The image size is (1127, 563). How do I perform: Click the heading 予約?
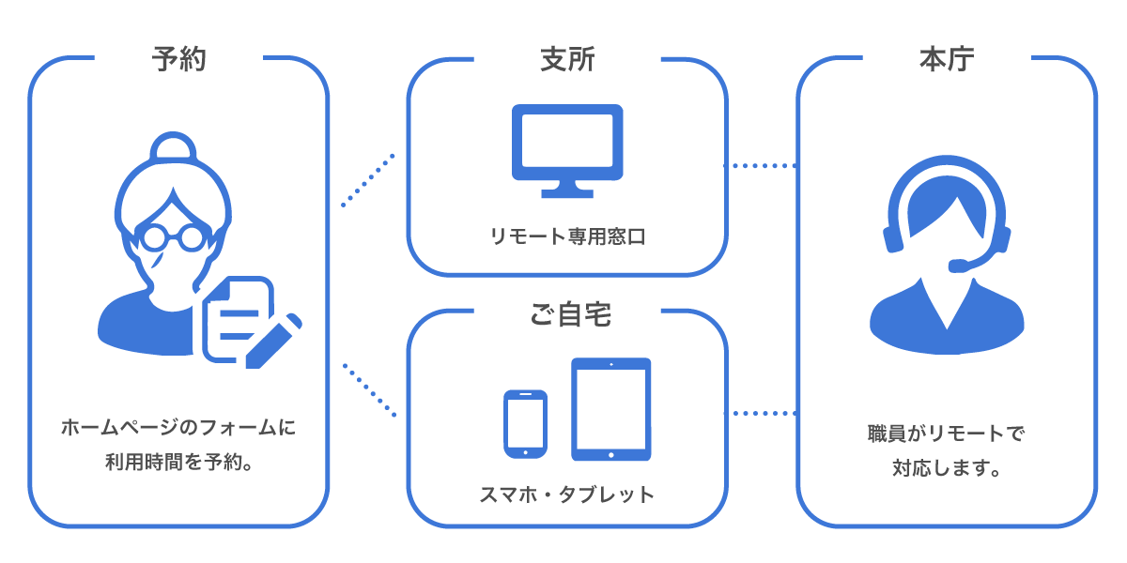click(178, 60)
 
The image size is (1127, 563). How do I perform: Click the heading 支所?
click(567, 60)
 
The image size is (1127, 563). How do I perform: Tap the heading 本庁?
click(946, 60)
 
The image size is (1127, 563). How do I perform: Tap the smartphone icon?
click(525, 423)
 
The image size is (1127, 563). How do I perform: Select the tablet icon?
click(610, 409)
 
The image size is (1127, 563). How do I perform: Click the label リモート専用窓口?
click(567, 236)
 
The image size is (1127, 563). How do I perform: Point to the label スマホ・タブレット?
click(567, 494)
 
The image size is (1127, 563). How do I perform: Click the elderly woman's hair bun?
click(173, 148)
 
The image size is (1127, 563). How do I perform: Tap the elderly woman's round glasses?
click(173, 235)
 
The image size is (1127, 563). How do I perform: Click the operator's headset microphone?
click(960, 266)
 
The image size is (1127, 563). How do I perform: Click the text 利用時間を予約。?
click(178, 462)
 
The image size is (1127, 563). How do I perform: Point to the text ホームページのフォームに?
click(178, 429)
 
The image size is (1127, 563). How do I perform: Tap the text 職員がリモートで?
click(946, 434)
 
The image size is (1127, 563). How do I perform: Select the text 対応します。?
click(946, 466)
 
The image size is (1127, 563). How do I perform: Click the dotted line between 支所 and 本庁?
click(761, 166)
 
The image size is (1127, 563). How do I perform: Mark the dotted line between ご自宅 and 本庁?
click(761, 413)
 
